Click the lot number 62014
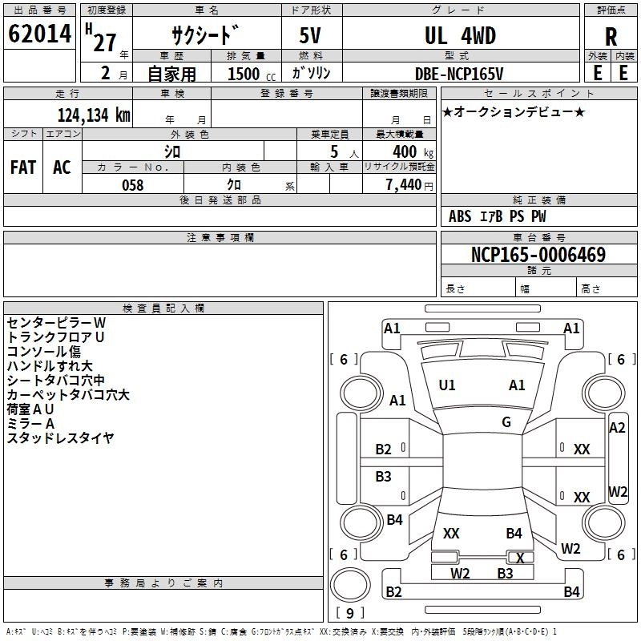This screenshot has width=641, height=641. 39,34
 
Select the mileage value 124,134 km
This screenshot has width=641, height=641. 94,115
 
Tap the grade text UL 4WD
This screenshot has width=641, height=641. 460,35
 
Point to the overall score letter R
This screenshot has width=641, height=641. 611,37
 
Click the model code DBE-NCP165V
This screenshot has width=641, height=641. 459,74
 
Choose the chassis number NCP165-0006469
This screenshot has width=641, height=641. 538,254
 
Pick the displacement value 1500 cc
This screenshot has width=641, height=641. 252,74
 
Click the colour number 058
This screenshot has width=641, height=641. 133,185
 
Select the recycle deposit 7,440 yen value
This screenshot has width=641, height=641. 409,185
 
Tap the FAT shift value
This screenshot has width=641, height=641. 23,167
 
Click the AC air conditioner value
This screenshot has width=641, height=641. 62,167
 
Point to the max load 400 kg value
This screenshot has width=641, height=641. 413,151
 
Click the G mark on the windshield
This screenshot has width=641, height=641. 506,422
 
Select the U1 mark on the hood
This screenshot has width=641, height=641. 447,385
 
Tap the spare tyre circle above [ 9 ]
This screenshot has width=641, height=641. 350,586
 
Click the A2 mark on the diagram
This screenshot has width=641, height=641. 617,428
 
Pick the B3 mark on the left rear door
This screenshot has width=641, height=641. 383,476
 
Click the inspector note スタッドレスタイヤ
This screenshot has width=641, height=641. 60,437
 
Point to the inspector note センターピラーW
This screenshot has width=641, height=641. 56,323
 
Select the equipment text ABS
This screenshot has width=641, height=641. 460,216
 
